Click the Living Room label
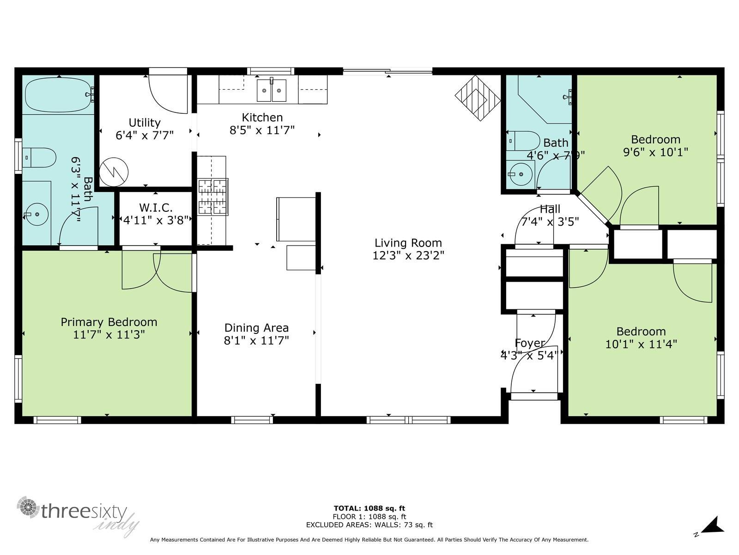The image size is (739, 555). click(x=408, y=243)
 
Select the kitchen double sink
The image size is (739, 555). click(x=272, y=90)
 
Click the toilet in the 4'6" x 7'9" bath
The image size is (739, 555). click(x=524, y=141)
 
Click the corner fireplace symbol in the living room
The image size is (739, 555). click(x=478, y=98)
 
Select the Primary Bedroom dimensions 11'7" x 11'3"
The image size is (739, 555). click(x=109, y=334)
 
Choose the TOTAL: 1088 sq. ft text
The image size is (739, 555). click(x=369, y=508)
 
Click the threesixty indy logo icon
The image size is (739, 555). click(x=29, y=508)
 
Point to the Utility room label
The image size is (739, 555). click(x=144, y=123)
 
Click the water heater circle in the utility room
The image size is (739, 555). click(x=114, y=172)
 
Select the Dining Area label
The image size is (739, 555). click(x=256, y=328)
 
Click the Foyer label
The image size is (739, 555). click(x=529, y=343)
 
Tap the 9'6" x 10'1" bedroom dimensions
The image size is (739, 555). click(x=655, y=152)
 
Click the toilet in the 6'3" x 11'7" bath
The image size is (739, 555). click(x=40, y=158)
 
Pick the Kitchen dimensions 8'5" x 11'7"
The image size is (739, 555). click(x=262, y=130)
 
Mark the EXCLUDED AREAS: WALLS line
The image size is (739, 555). click(x=369, y=525)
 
